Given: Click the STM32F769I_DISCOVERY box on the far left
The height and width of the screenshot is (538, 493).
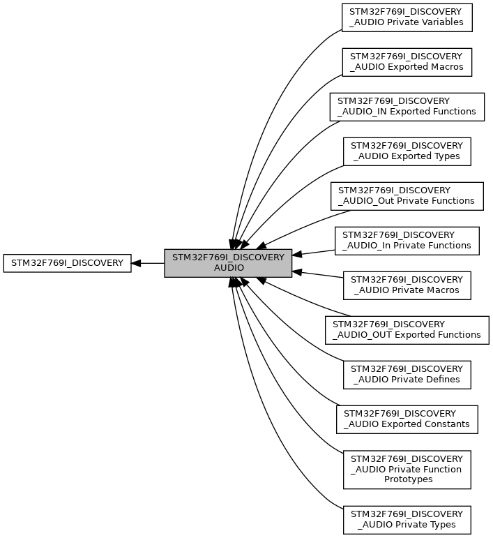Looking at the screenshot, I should pos(67,263).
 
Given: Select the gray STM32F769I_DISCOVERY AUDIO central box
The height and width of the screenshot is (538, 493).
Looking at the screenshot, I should pos(228,263).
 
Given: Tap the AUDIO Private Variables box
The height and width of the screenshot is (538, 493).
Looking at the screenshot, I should pos(407,17).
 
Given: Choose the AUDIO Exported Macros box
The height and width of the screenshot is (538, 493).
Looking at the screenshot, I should pos(407,61).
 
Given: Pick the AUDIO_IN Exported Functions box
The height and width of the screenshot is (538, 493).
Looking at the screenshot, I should pos(407,106).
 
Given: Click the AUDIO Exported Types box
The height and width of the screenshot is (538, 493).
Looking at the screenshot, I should pos(407,151).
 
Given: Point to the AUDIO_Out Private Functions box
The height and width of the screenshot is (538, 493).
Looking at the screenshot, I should pos(407,195).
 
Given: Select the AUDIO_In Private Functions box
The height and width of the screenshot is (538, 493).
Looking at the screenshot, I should pos(407,240).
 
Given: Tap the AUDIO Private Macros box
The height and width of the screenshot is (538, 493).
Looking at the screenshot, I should pos(407,285).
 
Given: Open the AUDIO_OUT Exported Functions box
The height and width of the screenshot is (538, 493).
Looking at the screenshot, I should pos(407,329).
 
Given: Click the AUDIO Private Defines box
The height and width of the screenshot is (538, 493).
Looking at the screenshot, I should pos(407,374).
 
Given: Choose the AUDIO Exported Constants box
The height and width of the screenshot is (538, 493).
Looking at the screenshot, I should pos(407,419).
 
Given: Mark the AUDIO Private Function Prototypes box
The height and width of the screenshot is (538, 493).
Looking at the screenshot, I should pos(407,469).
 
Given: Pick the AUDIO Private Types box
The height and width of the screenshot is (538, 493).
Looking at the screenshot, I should pos(407,519).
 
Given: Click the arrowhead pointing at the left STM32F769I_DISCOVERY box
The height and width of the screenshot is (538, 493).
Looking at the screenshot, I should pos(137,263).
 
